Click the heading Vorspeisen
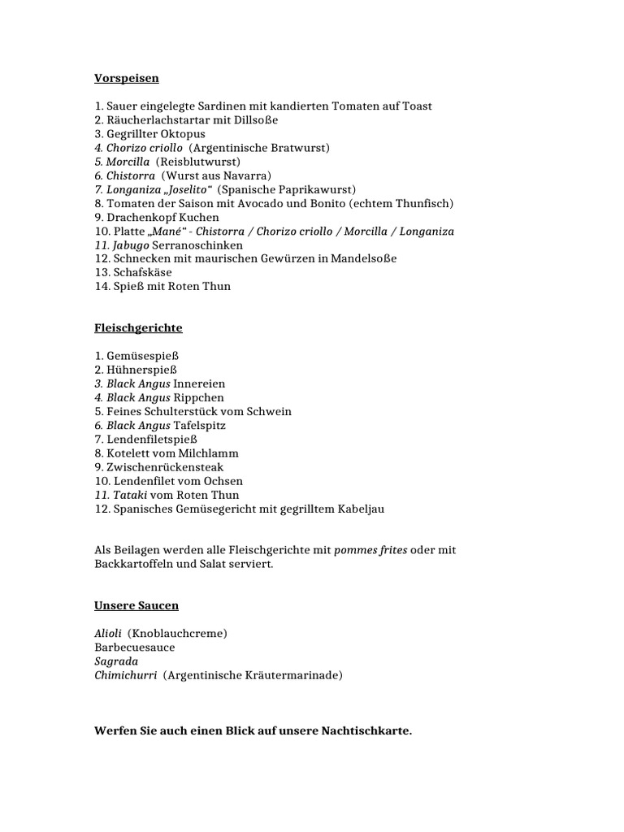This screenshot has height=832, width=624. tap(126, 79)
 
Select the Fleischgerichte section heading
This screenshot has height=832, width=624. tap(138, 328)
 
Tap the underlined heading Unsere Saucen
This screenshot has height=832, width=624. tap(136, 606)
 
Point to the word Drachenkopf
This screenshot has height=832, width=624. tap(143, 218)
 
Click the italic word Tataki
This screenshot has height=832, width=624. tap(131, 495)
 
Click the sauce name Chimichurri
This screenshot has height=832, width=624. tap(125, 675)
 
